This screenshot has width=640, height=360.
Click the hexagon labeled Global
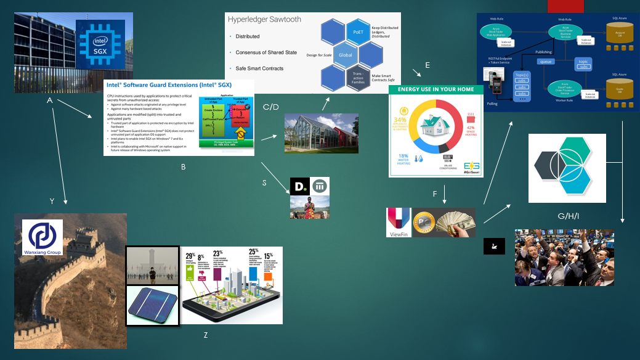coord(346,55)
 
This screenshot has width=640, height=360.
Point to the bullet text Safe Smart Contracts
coord(266,68)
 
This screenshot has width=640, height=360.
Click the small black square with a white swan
coord(494,245)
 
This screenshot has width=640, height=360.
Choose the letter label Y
coord(52,201)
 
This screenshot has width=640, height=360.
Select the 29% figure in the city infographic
coord(190,255)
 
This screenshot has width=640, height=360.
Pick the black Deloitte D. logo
coord(299,186)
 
